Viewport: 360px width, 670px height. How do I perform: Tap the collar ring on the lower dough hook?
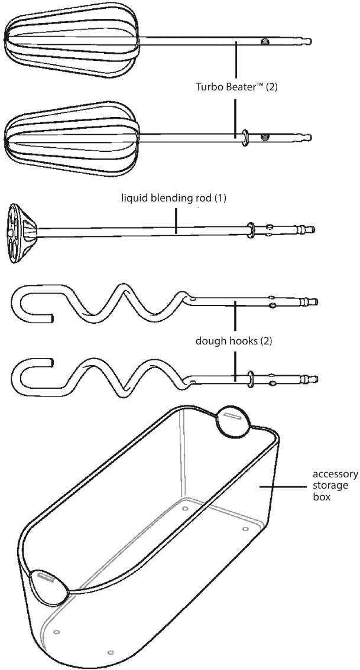pyautogui.click(x=251, y=378)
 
